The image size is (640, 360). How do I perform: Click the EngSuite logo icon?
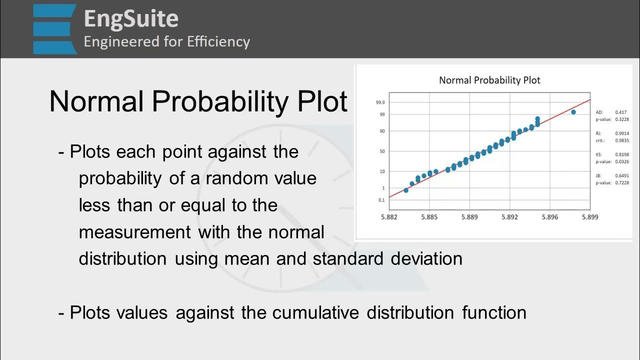pyautogui.click(x=55, y=29)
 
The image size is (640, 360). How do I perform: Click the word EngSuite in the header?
pyautogui.click(x=131, y=19)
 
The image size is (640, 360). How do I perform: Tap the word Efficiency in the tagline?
pyautogui.click(x=218, y=41)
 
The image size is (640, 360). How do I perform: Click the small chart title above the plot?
pyautogui.click(x=489, y=80)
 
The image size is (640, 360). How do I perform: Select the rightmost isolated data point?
pyautogui.click(x=573, y=112)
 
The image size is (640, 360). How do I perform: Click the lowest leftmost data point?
pyautogui.click(x=406, y=190)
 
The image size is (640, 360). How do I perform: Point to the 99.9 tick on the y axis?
pyautogui.click(x=380, y=102)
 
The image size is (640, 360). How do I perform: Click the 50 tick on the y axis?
pyautogui.click(x=381, y=151)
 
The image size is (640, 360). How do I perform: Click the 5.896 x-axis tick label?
pyautogui.click(x=550, y=217)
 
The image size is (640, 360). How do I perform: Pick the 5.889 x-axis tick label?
pyautogui.click(x=469, y=217)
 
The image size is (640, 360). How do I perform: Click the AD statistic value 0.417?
pyautogui.click(x=621, y=112)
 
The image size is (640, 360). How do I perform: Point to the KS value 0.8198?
pyautogui.click(x=622, y=155)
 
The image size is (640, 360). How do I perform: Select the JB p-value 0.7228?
pyautogui.click(x=622, y=183)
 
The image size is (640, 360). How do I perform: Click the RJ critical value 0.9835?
pyautogui.click(x=622, y=140)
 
